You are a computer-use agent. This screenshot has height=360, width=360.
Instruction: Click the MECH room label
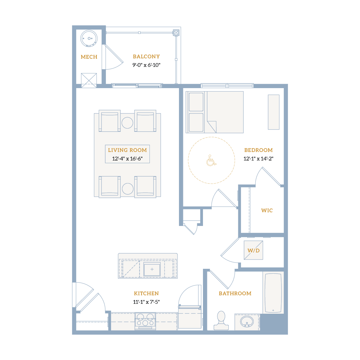pos(89,57)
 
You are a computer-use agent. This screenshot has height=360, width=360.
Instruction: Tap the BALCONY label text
pos(146,57)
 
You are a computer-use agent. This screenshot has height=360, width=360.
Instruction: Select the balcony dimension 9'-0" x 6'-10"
pos(146,65)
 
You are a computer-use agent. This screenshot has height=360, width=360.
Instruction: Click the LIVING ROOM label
pos(128,150)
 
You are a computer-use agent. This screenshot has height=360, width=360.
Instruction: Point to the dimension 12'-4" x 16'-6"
pos(128,159)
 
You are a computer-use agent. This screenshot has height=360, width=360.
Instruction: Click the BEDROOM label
pos(259,150)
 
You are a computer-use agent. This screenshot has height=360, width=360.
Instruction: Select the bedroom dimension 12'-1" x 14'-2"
pos(259,159)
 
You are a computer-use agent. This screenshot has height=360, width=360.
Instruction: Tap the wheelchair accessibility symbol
pos(211,160)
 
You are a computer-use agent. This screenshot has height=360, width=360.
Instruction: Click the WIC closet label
pos(267,210)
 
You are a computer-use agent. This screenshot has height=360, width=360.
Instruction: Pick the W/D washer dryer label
pos(253,251)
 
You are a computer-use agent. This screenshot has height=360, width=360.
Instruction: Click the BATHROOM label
pos(235,293)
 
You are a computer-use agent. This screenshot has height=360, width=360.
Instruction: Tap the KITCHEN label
pos(146,293)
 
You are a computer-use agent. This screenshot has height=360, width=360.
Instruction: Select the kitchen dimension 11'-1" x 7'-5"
pos(146,302)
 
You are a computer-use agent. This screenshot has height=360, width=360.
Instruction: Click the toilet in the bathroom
pos(221,321)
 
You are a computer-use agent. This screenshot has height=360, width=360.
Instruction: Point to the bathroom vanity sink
pos(247,322)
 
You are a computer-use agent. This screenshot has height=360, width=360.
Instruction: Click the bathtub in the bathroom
pos(273,293)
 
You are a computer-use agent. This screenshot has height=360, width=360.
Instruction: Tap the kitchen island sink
pos(152,269)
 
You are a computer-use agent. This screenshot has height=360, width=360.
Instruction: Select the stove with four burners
pos(145,321)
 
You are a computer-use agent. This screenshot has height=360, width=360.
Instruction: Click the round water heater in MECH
pos(89,38)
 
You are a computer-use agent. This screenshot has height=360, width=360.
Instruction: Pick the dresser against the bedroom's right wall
pos(274,112)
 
